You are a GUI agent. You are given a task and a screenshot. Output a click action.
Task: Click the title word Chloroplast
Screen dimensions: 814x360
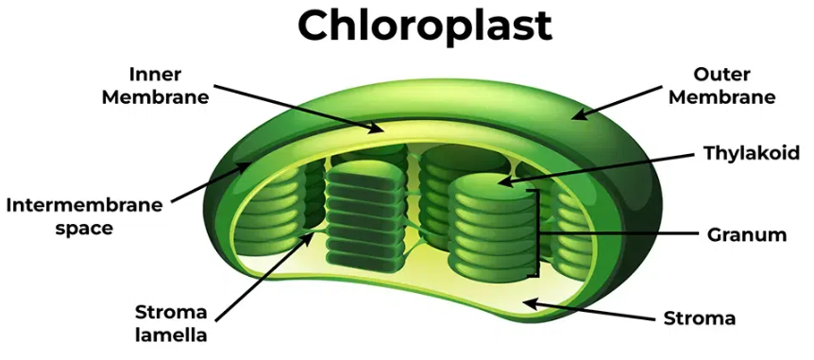pos(424,26)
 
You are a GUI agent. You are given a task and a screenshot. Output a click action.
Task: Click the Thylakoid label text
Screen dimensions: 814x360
pos(752,153)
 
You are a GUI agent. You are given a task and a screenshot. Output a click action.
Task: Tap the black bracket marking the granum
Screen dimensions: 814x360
pos(540,232)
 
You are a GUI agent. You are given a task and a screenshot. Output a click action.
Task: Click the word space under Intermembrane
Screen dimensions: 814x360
pos(84,228)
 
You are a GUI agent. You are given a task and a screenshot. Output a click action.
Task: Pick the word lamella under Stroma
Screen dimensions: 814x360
pos(170,334)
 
